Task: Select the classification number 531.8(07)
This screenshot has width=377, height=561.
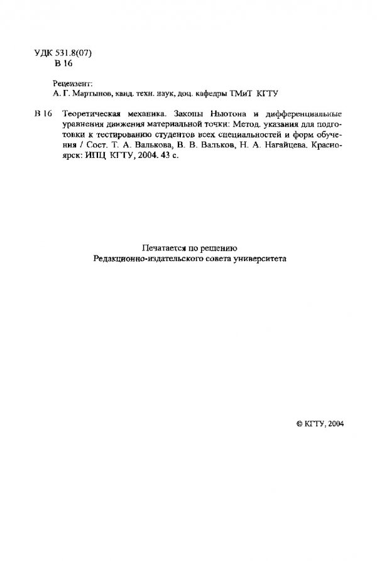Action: tap(74, 54)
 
